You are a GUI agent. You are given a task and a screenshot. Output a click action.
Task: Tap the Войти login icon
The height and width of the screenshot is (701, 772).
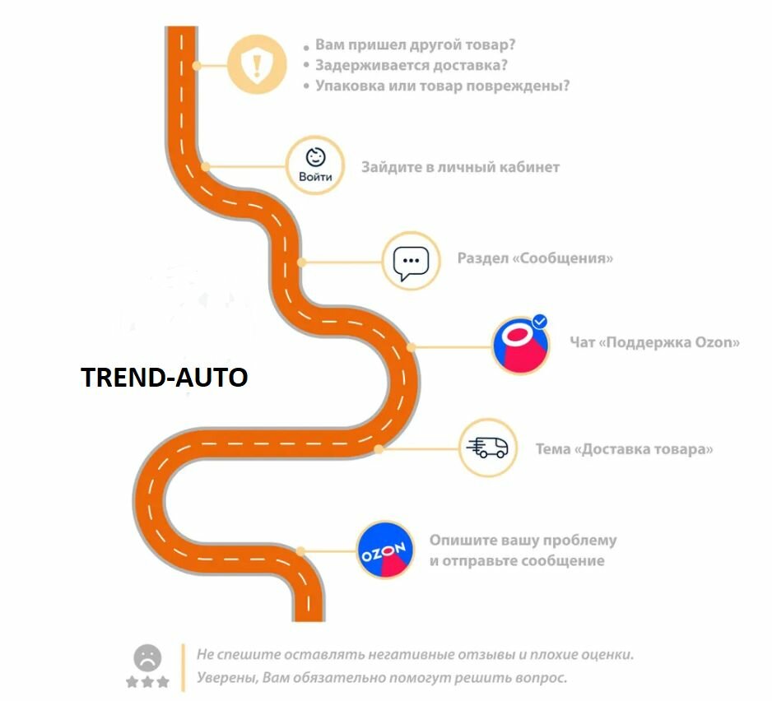[315, 165]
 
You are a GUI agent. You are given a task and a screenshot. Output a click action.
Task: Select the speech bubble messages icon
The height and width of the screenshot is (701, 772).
[411, 261]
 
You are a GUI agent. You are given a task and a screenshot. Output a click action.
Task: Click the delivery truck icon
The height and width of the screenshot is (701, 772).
[487, 448]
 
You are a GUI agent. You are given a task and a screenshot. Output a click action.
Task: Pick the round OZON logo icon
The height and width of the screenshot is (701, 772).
[385, 550]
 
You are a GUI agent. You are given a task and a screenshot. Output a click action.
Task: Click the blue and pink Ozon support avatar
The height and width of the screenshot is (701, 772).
[520, 346]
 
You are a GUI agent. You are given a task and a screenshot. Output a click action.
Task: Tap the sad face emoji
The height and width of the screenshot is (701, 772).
[148, 657]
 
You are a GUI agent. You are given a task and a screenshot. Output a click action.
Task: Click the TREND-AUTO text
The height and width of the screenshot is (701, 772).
[164, 378]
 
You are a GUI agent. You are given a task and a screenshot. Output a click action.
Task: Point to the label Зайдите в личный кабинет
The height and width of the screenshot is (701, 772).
[460, 167]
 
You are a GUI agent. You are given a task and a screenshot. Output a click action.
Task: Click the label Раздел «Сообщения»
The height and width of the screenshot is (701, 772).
[535, 258]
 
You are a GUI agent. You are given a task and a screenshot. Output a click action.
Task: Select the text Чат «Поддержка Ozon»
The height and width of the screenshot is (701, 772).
[654, 341]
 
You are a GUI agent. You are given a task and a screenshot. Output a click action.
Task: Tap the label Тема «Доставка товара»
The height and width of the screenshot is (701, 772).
[624, 449]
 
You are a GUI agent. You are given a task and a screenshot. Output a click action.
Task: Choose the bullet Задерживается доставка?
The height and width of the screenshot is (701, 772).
[411, 65]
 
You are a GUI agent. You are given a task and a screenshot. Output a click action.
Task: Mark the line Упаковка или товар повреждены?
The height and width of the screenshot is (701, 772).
[442, 86]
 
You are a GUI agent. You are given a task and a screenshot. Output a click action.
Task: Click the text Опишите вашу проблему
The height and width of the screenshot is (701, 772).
[523, 541]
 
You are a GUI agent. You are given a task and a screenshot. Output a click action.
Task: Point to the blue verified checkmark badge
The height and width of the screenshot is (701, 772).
[540, 322]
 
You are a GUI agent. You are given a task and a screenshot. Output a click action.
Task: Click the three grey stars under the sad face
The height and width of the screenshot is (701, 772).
[147, 682]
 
